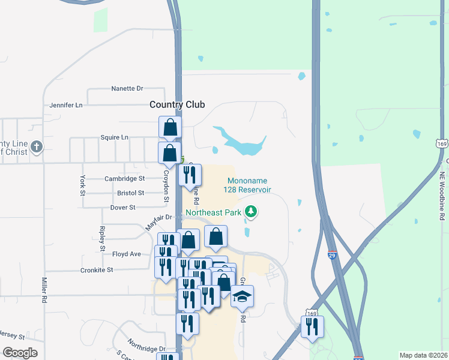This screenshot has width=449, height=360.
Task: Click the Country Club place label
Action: (177, 104)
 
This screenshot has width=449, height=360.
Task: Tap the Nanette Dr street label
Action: (127, 89)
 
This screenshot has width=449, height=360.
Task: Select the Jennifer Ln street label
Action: (66, 105)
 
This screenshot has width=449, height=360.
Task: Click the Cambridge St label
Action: (125, 179)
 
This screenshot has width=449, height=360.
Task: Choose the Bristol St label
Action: (131, 193)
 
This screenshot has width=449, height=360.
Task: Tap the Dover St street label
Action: (123, 208)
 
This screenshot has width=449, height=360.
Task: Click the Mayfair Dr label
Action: (158, 223)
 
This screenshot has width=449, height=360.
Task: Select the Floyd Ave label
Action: (126, 254)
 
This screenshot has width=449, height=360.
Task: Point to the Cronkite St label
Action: (97, 271)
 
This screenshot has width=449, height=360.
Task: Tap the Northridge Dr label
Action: (145, 349)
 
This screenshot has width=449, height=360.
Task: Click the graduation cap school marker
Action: (242, 296)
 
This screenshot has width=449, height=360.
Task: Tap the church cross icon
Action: (37, 146)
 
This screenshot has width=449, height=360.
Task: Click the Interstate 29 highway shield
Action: (332, 256)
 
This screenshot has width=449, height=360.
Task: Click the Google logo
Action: (20, 353)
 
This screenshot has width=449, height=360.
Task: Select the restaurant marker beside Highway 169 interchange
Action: (312, 327)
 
